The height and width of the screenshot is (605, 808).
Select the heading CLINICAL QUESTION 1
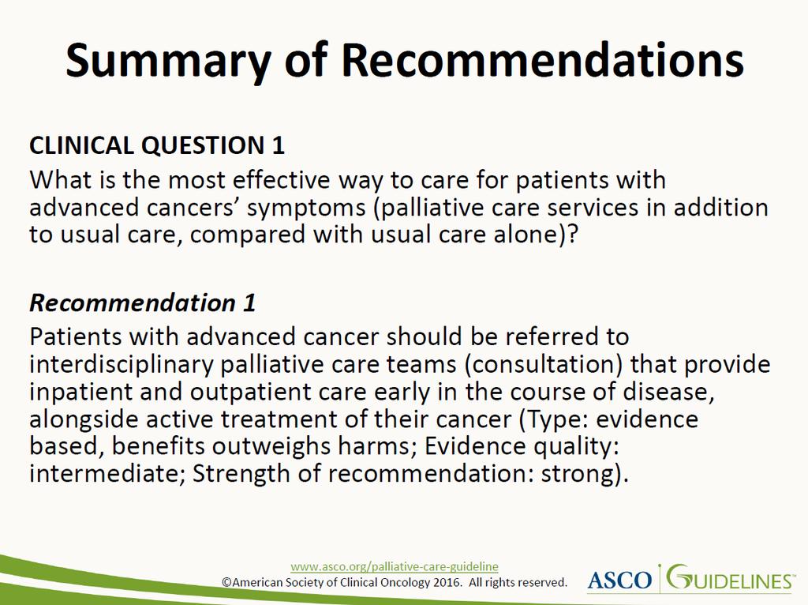pos(157,145)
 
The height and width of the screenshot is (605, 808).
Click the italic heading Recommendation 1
pos(143,302)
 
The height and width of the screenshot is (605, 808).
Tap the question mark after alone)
pos(572,235)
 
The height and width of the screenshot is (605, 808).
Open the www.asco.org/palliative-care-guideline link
pos(395,566)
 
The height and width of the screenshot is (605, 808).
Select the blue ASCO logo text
pos(619,581)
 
